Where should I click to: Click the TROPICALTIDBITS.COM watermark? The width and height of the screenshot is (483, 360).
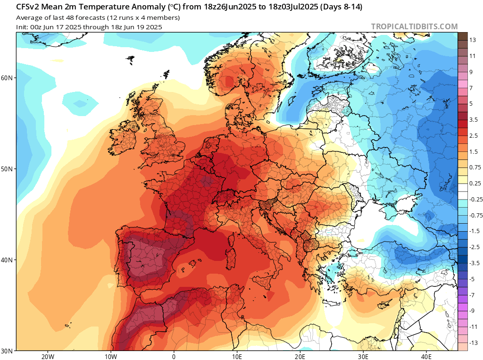[414, 27]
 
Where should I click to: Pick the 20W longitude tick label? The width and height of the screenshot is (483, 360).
[48, 356]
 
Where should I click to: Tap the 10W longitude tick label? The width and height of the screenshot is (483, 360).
[111, 356]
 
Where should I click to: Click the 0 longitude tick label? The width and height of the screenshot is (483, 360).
[174, 356]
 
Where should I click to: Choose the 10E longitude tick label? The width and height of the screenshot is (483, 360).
[237, 356]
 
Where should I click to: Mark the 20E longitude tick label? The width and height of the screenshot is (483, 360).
[300, 356]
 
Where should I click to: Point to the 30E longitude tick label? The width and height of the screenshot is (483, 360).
[363, 356]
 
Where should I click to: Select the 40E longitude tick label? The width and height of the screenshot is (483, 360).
[426, 356]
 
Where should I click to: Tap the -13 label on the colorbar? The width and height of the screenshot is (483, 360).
[472, 343]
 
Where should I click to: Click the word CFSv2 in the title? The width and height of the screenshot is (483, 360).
[30, 8]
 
